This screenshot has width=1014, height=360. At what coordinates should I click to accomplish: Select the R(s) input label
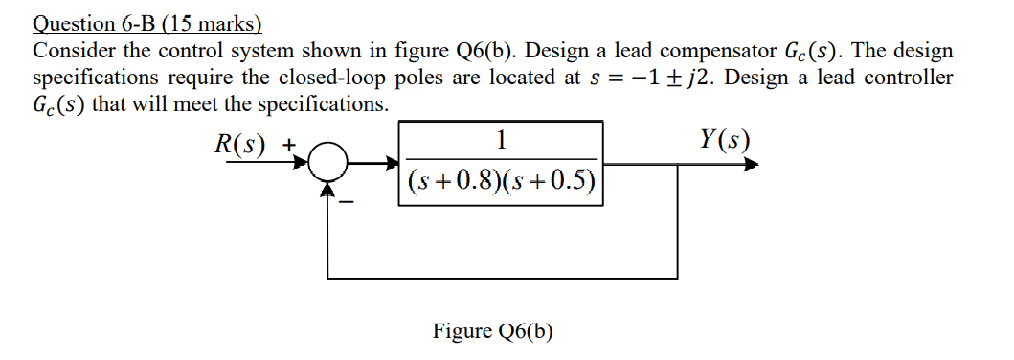click(240, 146)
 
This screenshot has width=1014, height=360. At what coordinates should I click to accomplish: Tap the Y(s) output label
click(725, 143)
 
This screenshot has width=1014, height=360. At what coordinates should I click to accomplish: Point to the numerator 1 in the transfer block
click(502, 140)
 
